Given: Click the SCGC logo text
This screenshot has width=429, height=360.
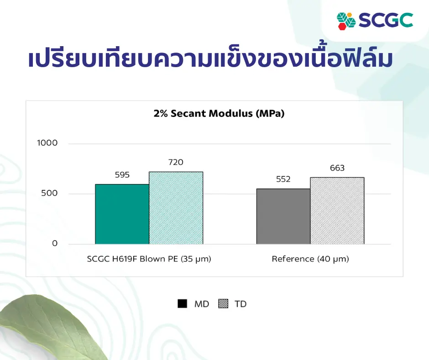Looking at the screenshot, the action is pos(386,20).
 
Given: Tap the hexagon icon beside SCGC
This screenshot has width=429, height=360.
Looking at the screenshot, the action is pos(346,21).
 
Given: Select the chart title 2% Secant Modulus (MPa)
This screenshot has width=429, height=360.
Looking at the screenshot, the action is pos(219,113).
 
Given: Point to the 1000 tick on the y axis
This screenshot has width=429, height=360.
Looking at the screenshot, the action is pos(47,143).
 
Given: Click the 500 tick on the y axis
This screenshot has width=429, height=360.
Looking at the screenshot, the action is pos(49,193).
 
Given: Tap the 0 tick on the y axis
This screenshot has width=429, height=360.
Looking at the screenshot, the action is pos(55,244).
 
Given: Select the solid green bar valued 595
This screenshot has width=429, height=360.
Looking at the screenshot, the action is pos(122,214).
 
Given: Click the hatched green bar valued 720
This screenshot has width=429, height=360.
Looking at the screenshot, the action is pos(176,208).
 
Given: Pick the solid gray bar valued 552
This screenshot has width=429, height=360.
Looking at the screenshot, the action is pos(283,216).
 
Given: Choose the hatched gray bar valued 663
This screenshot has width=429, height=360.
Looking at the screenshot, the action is pos(337,211).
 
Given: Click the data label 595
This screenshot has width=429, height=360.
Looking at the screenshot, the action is pos(122,175).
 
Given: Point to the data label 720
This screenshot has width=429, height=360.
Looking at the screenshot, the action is pos(176,162).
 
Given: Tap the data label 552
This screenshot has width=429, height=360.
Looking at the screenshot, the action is pos(283,179).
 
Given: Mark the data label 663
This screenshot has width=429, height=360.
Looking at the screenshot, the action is pos(337,168).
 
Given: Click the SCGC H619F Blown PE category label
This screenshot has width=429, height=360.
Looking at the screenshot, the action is pos(149,259).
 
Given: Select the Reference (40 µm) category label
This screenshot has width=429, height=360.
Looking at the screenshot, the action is pos(310,259).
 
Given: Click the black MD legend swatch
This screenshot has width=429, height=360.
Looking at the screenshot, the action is pos(182,303).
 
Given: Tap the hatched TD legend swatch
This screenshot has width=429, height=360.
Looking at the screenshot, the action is pos(223,303).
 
